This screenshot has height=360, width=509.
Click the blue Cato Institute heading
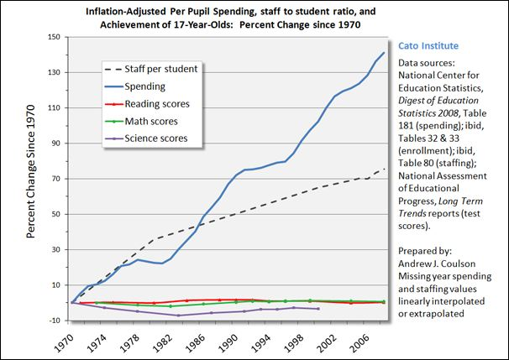(x=428, y=44)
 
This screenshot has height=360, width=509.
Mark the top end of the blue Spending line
(x=384, y=53)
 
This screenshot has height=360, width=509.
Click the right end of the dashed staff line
(x=384, y=169)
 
